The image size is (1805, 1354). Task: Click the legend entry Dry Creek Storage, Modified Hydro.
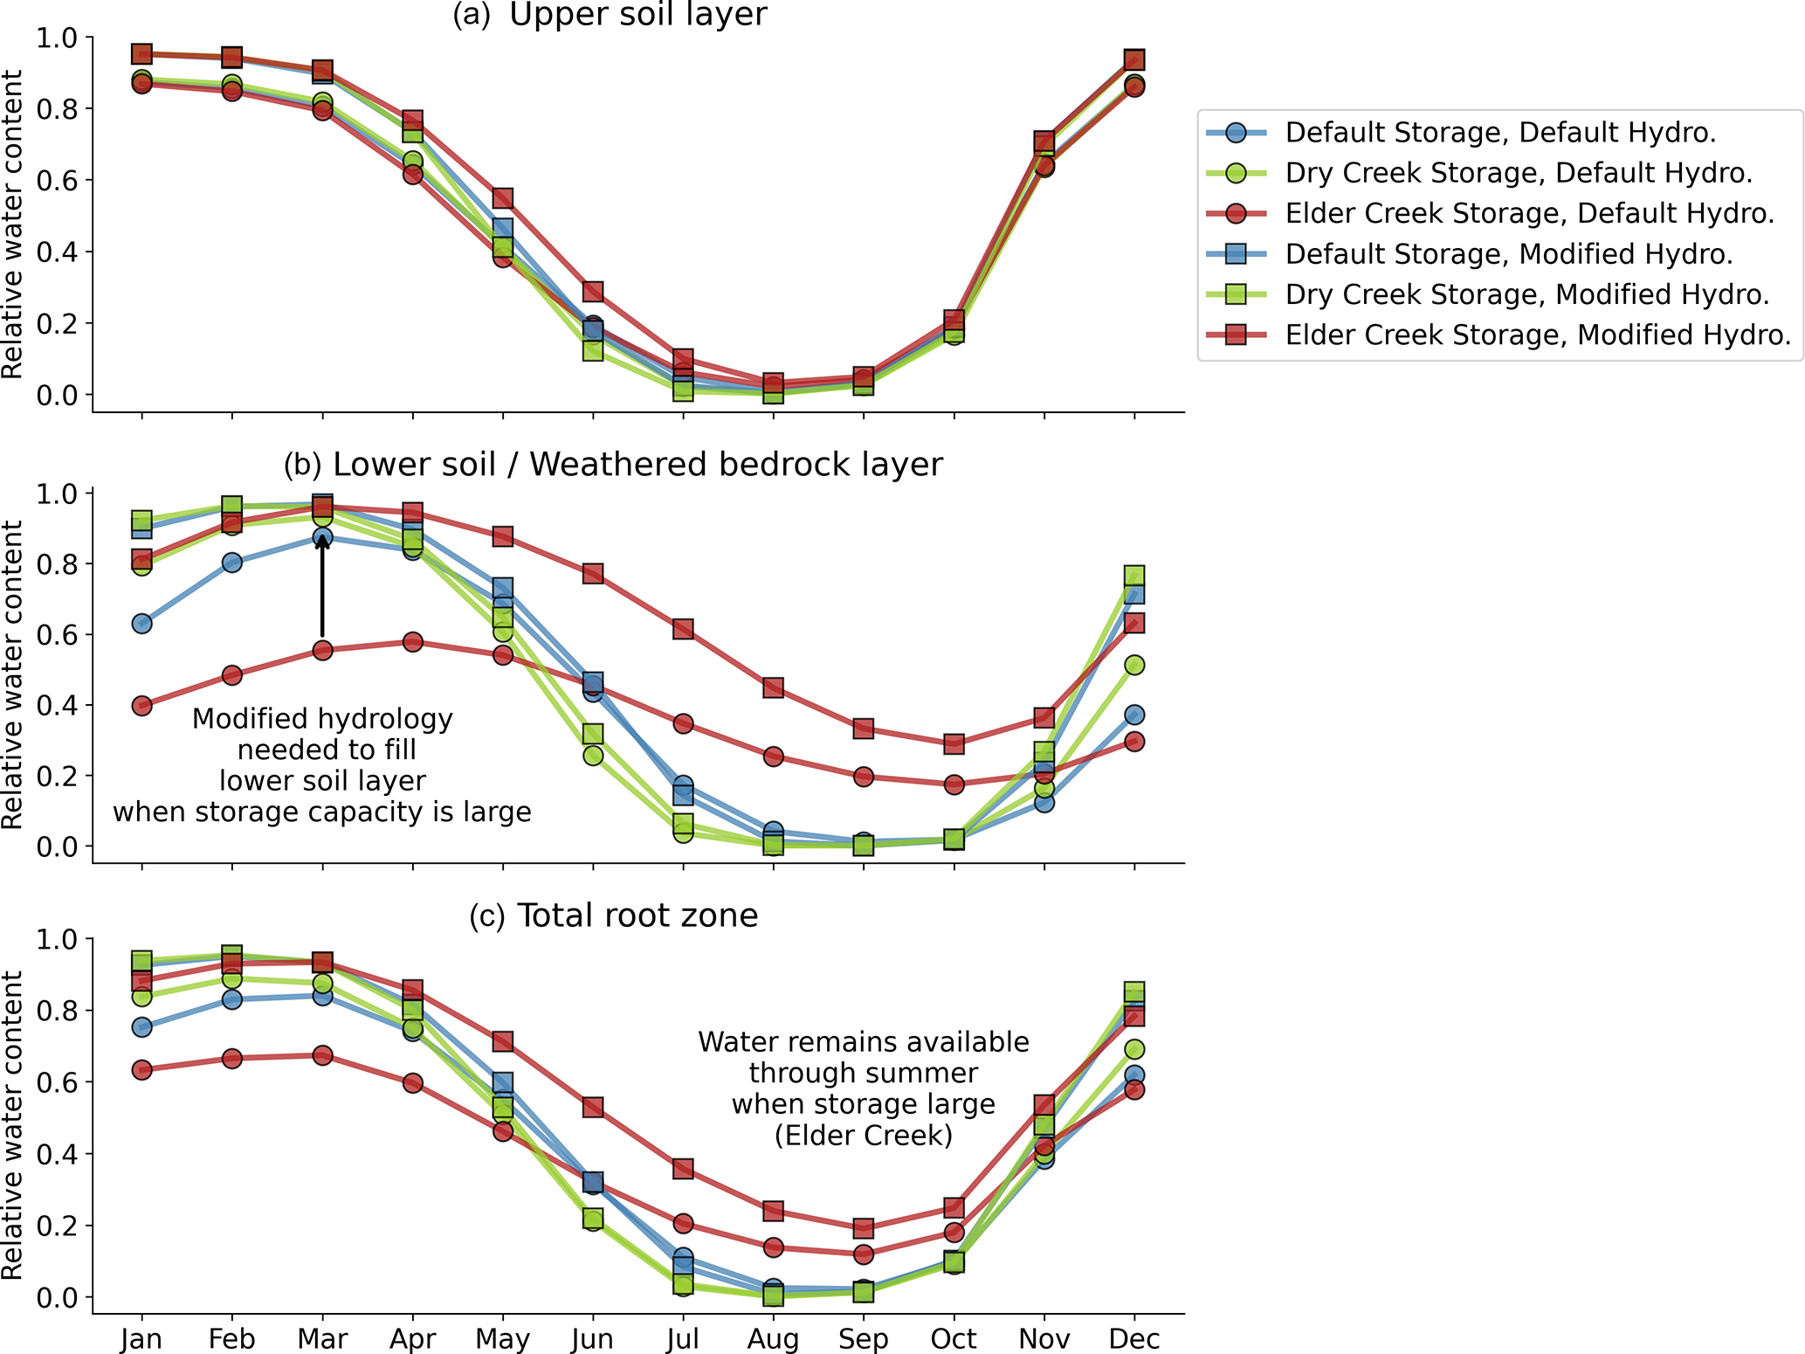click(1526, 294)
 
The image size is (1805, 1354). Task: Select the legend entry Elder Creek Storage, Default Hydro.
click(1529, 213)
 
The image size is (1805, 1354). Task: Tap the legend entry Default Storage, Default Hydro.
click(1500, 133)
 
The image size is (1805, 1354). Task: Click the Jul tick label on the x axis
click(683, 1338)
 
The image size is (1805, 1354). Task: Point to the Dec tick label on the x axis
click(1133, 1338)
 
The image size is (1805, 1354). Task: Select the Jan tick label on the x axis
click(141, 1338)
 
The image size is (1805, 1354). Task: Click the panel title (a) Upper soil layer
click(609, 15)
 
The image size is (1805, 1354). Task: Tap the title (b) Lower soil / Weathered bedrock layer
click(613, 465)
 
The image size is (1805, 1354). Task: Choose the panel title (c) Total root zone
click(613, 915)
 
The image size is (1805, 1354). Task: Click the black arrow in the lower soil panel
click(322, 585)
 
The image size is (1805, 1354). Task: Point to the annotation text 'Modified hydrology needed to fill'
click(323, 734)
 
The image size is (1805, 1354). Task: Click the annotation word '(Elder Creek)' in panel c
click(863, 1136)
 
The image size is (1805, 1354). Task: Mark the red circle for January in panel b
click(141, 706)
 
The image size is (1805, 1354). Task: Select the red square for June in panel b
click(593, 574)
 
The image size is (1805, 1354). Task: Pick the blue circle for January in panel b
click(141, 624)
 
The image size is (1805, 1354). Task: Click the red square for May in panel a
click(502, 198)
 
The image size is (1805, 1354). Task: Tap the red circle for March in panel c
click(322, 1055)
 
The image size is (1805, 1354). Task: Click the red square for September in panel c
click(863, 1228)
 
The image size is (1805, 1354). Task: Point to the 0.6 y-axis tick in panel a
click(57, 181)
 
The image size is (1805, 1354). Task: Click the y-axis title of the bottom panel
click(13, 1127)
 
